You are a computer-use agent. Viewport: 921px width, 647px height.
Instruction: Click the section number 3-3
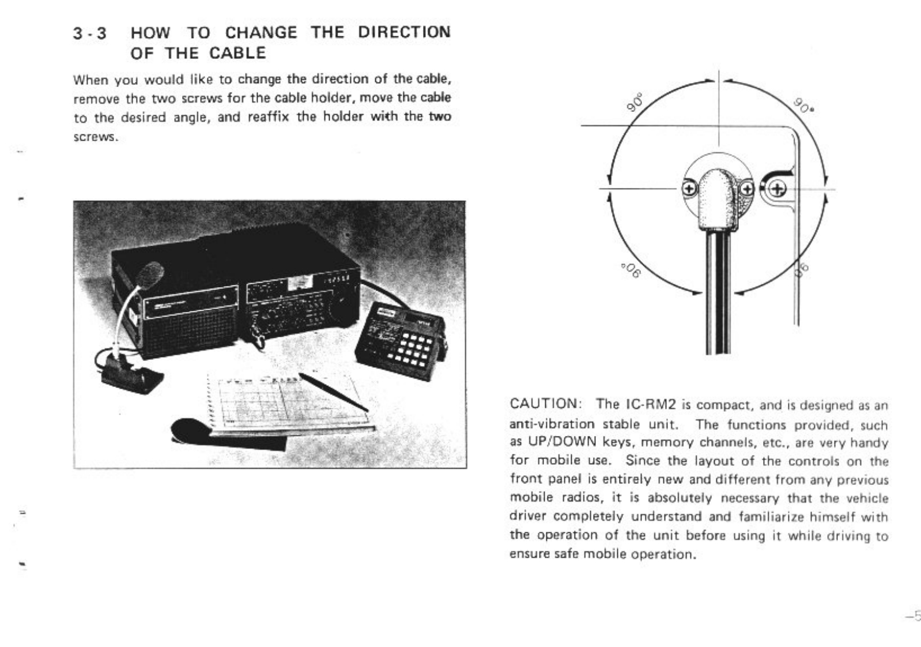[x=90, y=33]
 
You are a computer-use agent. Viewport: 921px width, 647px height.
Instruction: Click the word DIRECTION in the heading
[x=403, y=32]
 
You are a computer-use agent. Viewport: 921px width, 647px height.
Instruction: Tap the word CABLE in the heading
[x=237, y=53]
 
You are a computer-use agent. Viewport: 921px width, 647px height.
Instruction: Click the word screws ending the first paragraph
[x=96, y=138]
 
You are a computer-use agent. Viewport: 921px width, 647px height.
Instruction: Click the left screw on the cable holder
[x=689, y=189]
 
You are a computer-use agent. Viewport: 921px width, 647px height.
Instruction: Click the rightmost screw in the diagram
[x=777, y=189]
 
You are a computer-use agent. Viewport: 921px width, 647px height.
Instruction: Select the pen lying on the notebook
[x=333, y=392]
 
